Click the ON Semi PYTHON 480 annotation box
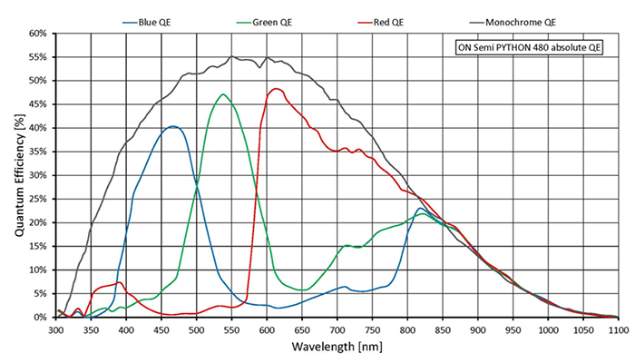[x=528, y=47]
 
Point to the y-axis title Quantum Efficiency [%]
[x=19, y=175]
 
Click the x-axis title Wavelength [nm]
[x=336, y=348]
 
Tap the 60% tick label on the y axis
[x=37, y=34]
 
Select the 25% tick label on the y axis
[x=37, y=199]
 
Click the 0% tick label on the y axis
[x=40, y=318]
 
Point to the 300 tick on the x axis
[x=55, y=329]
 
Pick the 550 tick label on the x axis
[x=231, y=329]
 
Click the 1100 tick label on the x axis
[x=617, y=329]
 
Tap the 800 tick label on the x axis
[x=407, y=329]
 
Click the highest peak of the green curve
[x=222, y=93]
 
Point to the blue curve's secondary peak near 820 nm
[x=420, y=209]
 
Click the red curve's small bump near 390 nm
[x=119, y=282]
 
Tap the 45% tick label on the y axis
[x=37, y=104]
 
